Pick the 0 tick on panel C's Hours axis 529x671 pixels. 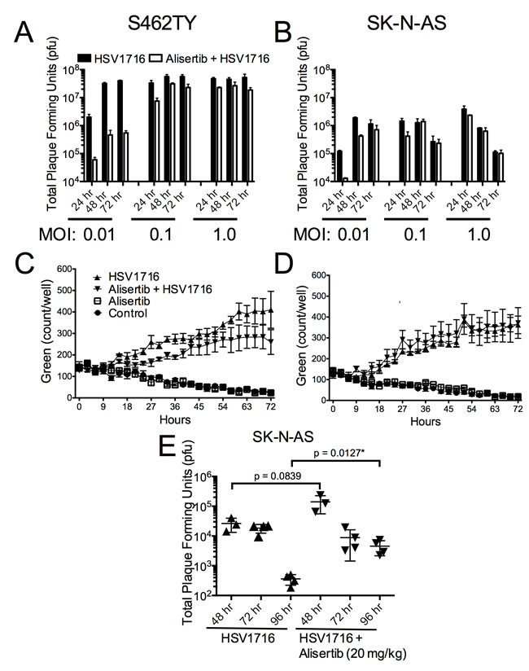click(77, 406)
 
